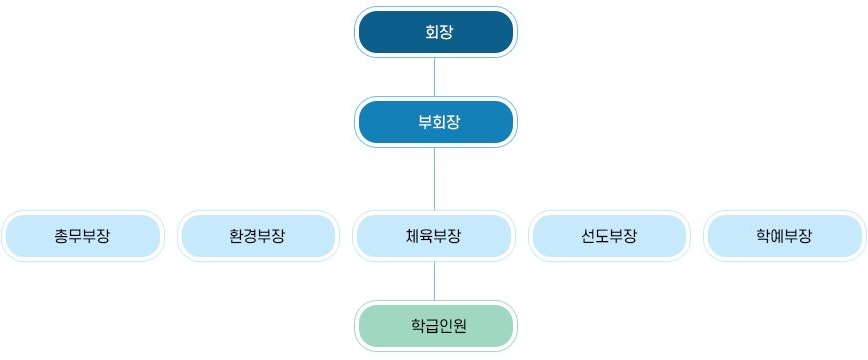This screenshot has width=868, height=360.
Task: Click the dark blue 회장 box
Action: pyautogui.click(x=436, y=32)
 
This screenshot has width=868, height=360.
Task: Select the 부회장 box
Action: pyautogui.click(x=436, y=122)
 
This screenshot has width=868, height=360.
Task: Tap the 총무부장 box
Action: pyautogui.click(x=83, y=236)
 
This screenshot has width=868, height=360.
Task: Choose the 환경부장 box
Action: pyautogui.click(x=258, y=236)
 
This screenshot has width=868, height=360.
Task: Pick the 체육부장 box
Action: pyautogui.click(x=434, y=236)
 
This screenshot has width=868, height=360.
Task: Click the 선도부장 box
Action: pyautogui.click(x=609, y=236)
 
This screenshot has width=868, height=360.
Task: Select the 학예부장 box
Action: pyautogui.click(x=784, y=236)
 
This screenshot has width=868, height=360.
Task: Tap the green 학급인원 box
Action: pyautogui.click(x=436, y=326)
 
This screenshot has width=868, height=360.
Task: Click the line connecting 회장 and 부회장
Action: pyautogui.click(x=435, y=77)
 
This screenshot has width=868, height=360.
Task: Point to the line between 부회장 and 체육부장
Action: pyautogui.click(x=435, y=180)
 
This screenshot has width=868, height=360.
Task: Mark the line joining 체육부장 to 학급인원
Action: pyautogui.click(x=435, y=281)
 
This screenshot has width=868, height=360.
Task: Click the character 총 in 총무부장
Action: pyautogui.click(x=62, y=236)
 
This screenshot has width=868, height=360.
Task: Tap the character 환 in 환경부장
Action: pyautogui.click(x=237, y=236)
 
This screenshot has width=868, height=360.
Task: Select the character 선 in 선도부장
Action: pyautogui.click(x=588, y=236)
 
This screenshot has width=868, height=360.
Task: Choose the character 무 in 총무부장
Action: pyautogui.click(x=76, y=236)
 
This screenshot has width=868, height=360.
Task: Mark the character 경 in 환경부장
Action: pyautogui.click(x=251, y=236)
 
